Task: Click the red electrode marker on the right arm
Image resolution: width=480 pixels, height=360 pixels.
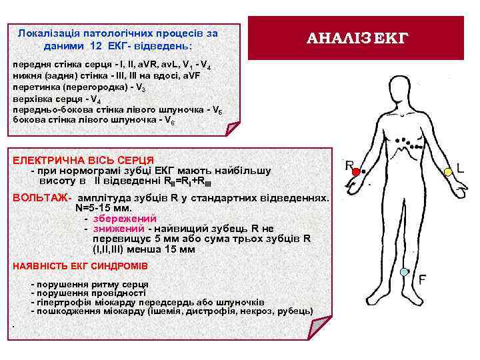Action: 356,172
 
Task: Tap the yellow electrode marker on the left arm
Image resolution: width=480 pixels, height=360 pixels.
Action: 449,172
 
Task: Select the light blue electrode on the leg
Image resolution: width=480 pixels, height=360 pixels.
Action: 403,272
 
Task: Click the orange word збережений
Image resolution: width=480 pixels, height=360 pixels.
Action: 125,218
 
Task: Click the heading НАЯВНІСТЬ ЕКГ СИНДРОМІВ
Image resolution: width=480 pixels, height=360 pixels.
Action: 80,266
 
